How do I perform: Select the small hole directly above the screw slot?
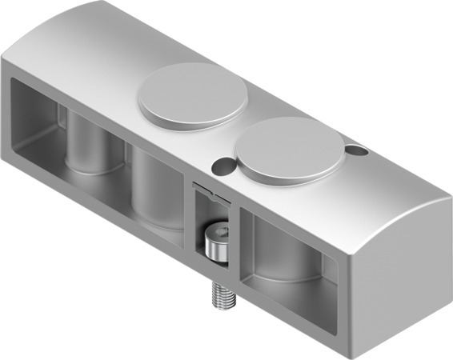tap(220, 165)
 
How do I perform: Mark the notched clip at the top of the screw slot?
tap(210, 190)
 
